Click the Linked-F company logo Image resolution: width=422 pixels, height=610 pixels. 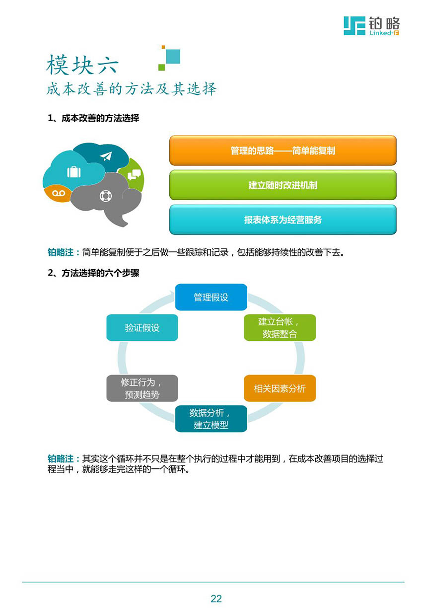(x=371, y=26)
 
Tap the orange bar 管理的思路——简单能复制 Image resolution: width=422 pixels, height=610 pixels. (x=282, y=151)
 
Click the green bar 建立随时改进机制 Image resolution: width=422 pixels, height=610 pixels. (x=282, y=185)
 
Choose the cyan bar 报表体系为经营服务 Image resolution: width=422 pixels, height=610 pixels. (x=282, y=220)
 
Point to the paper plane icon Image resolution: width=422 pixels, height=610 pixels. (x=106, y=156)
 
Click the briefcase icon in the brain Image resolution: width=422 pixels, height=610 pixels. (x=74, y=171)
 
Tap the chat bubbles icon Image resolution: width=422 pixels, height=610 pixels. (x=134, y=174)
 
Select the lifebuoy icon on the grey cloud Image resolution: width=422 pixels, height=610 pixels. (x=106, y=196)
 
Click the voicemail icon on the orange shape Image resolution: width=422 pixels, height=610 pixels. (x=59, y=193)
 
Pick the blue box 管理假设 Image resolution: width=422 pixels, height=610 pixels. (x=211, y=297)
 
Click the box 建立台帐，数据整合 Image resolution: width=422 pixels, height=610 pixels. (x=280, y=328)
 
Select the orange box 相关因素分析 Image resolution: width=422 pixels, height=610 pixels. (x=280, y=388)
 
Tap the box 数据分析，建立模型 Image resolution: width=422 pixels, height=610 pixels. (x=211, y=419)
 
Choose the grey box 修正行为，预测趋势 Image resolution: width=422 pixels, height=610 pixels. (x=142, y=388)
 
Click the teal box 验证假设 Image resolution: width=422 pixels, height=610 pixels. (x=142, y=328)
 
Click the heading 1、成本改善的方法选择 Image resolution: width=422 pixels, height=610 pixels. (x=93, y=118)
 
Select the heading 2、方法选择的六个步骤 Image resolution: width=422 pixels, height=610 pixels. (x=93, y=273)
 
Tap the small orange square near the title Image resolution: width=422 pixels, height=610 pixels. (x=163, y=47)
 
